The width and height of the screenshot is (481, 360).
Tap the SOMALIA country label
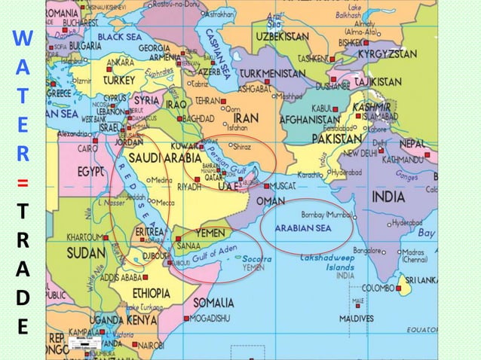click(213, 302)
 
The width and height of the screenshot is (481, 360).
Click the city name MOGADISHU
click(215, 318)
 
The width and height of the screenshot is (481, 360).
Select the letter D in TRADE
click(23, 299)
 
